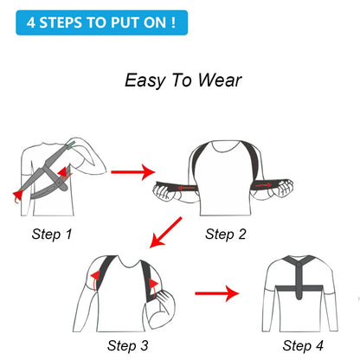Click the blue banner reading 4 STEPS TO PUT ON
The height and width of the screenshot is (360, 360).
100,21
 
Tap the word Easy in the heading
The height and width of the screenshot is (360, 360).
145,80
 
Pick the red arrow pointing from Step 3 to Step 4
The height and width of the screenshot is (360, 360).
215,294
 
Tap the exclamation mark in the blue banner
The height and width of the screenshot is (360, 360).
172,21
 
